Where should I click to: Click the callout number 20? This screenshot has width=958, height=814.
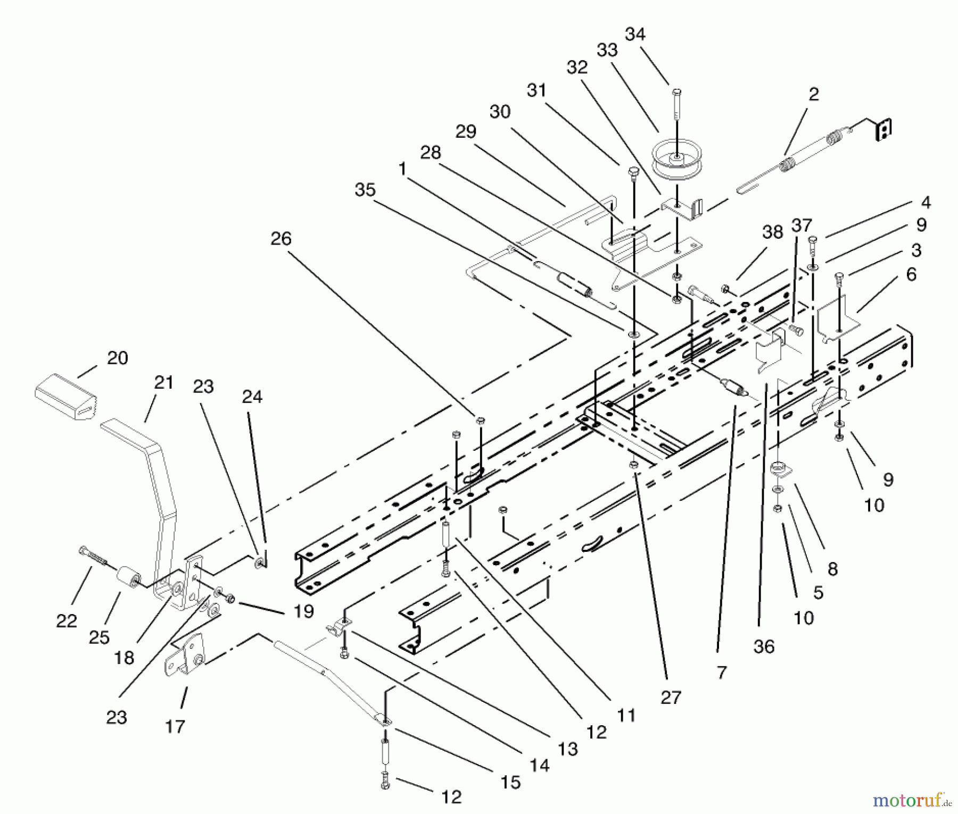point(117,358)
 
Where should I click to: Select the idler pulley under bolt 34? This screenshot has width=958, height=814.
point(676,159)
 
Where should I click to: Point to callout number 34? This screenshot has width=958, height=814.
point(635,35)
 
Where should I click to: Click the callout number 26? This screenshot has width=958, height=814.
point(281,239)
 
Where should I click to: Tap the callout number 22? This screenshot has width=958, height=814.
point(67,620)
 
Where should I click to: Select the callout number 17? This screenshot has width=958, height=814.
point(175,726)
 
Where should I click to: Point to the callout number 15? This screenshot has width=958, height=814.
point(510,782)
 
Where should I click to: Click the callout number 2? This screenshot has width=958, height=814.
point(813,95)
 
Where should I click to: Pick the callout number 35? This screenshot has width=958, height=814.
point(365,190)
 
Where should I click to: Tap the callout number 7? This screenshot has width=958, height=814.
point(721,673)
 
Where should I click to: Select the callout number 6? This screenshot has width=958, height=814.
point(911,275)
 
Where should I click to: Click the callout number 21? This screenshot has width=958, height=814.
point(164,382)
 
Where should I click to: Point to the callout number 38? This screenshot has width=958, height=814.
point(773,232)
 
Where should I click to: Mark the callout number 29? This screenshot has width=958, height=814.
point(466,132)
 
